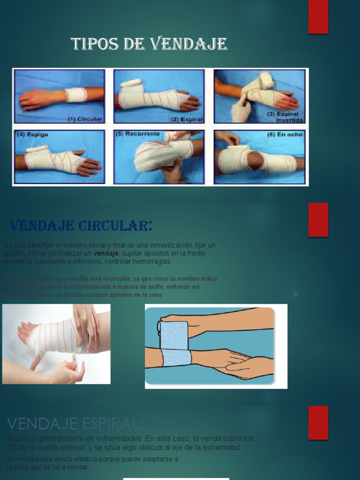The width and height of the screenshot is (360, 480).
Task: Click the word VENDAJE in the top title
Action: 189,44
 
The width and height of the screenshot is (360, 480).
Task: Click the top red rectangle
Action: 318,17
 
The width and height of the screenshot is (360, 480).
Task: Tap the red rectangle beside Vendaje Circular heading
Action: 318,219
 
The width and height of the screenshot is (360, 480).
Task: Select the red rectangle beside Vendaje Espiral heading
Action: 318,423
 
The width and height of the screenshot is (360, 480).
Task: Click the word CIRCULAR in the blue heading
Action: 115,226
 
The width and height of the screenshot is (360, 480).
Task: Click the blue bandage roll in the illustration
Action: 173,334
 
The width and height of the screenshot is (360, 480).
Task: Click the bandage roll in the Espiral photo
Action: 131,83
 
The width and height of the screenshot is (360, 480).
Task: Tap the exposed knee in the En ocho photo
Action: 255,160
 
